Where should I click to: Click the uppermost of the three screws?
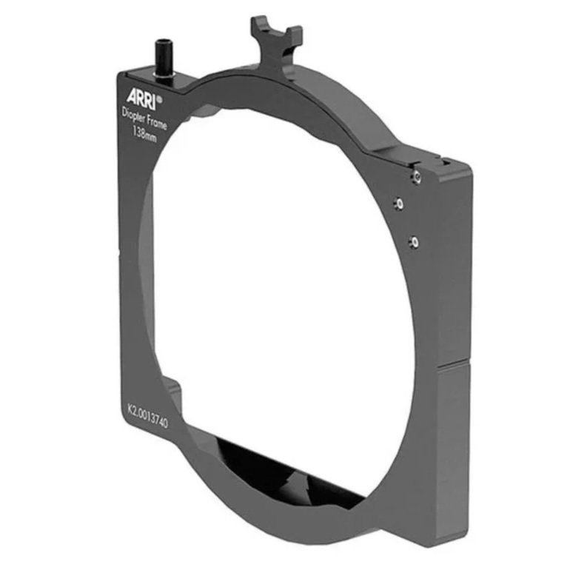coord(417,175)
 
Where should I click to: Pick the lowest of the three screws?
coord(415,241)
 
